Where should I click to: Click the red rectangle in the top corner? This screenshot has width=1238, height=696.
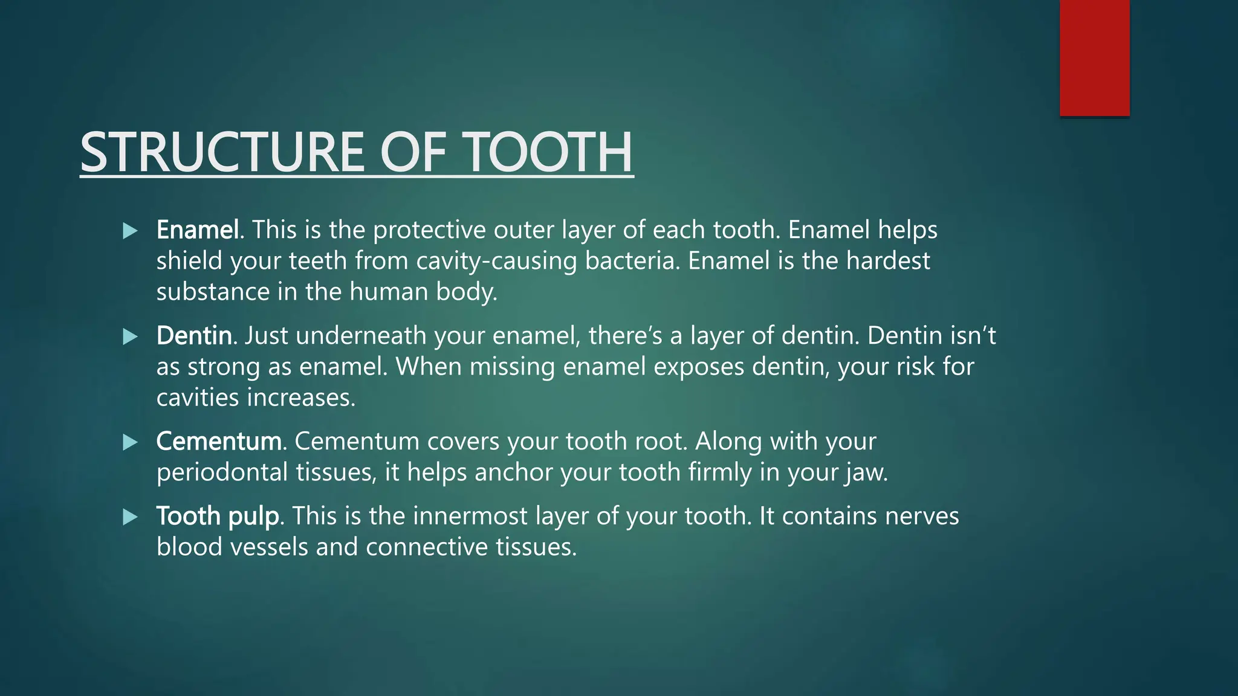(x=1094, y=57)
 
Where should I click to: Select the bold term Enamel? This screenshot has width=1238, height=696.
(x=197, y=230)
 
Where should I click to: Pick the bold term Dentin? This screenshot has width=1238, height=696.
(x=193, y=336)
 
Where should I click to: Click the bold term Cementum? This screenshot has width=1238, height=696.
(x=219, y=442)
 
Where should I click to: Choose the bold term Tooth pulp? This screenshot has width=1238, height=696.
(x=218, y=517)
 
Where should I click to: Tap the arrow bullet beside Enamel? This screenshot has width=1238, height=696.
(x=130, y=231)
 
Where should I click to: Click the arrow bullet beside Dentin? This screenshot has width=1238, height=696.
(x=130, y=337)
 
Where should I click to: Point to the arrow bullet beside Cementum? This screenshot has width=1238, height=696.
(x=130, y=442)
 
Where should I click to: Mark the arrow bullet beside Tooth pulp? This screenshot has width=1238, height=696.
(x=130, y=517)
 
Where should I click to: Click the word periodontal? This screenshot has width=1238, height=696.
(x=222, y=472)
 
